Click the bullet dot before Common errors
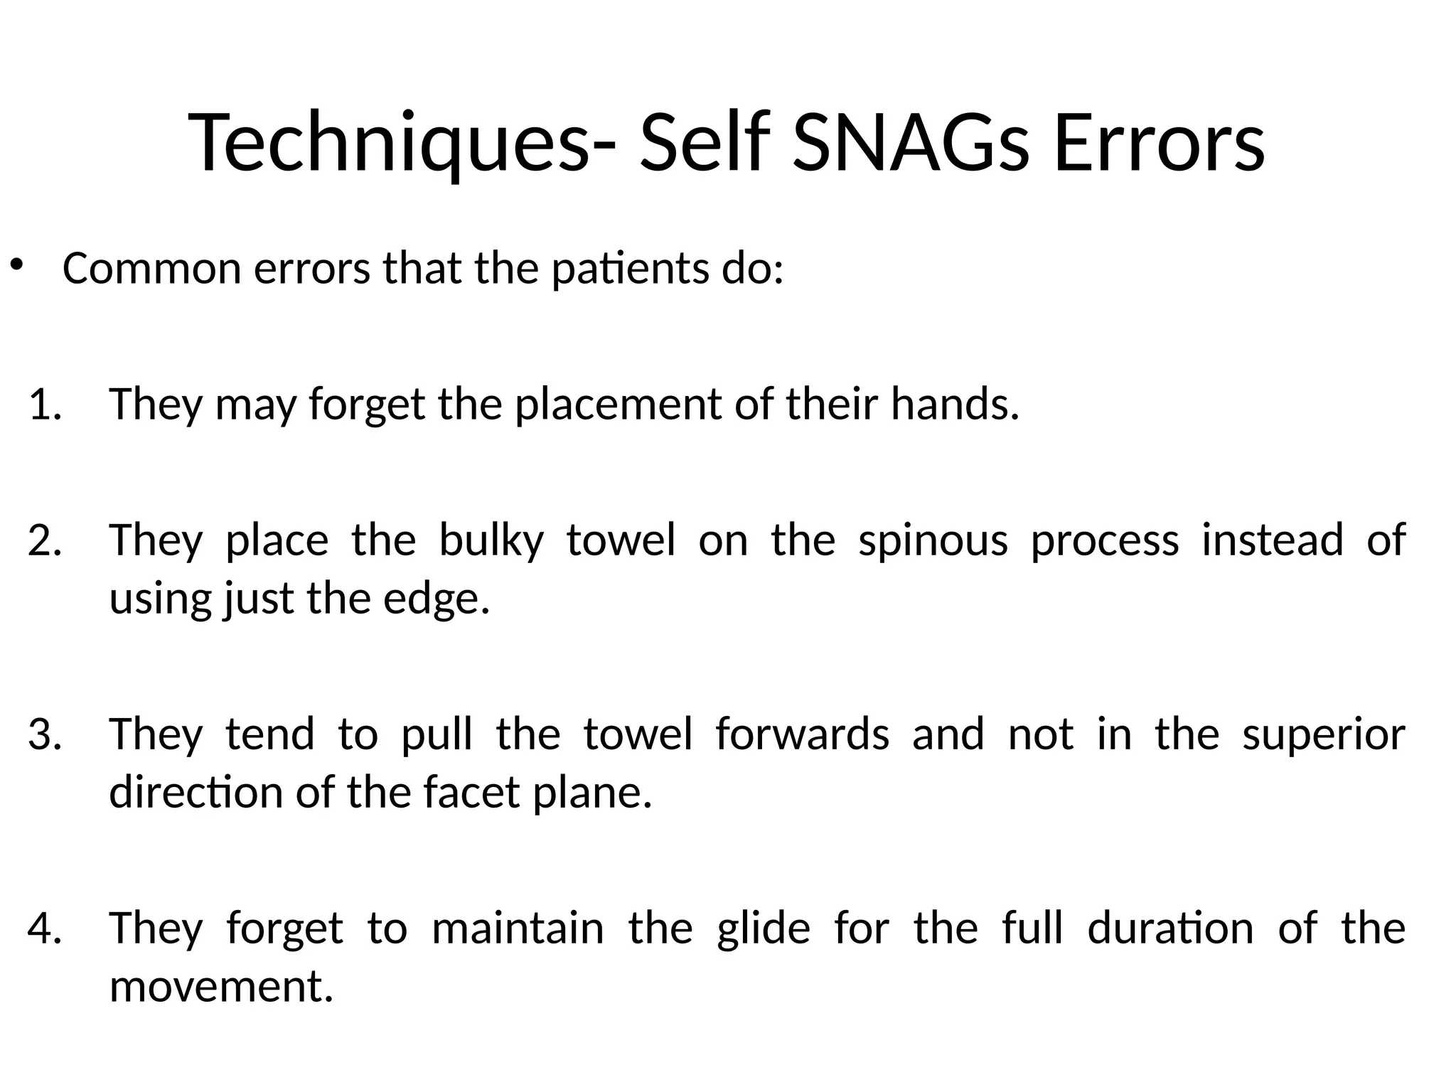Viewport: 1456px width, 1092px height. point(16,267)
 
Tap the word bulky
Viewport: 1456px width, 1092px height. point(491,540)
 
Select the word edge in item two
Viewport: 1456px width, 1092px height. point(436,599)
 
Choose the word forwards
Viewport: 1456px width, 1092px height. point(802,734)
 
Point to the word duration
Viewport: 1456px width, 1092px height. point(1170,928)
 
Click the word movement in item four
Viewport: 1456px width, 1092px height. point(220,987)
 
